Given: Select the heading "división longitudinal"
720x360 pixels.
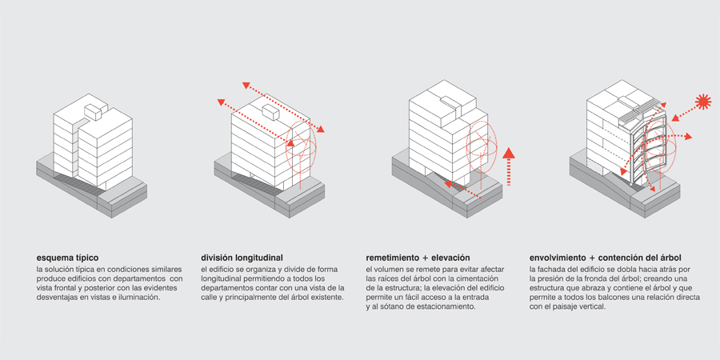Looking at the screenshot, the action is pos(242,258).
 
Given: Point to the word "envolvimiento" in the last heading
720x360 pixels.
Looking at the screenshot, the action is pos(558,258).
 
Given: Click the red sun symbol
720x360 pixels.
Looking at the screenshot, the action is pos(703,101).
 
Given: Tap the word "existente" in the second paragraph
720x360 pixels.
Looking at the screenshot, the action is pos(322,298).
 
